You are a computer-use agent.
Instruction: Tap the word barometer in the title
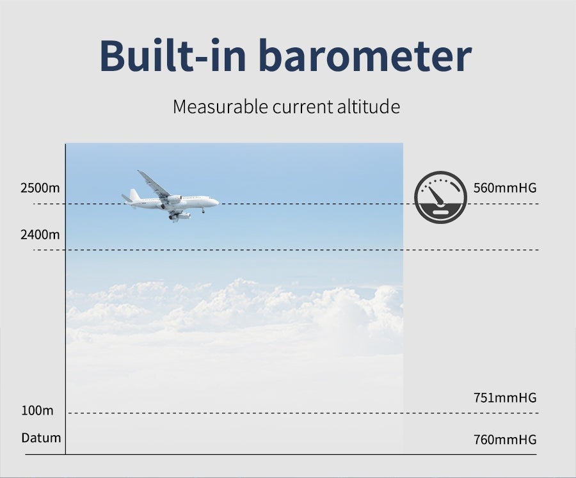pyautogui.click(x=365, y=55)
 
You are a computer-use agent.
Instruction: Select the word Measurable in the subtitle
pyautogui.click(x=220, y=107)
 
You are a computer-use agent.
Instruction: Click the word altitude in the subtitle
pyautogui.click(x=369, y=107)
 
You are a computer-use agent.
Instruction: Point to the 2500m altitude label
pyautogui.click(x=40, y=188)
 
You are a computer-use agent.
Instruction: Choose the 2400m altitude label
pyautogui.click(x=40, y=235)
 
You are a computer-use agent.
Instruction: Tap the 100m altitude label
pyautogui.click(x=38, y=410)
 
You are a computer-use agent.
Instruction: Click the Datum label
pyautogui.click(x=41, y=438)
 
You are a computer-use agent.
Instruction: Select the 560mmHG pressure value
pyautogui.click(x=505, y=188)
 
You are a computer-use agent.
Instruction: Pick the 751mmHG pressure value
pyautogui.click(x=505, y=397)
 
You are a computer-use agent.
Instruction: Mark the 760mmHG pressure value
pyautogui.click(x=505, y=440)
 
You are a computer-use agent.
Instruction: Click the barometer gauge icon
pyautogui.click(x=441, y=197)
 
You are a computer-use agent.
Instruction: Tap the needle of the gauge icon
pyautogui.click(x=436, y=195)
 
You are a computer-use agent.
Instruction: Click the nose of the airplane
pyautogui.click(x=218, y=202)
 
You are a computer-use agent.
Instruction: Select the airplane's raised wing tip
pyautogui.click(x=139, y=171)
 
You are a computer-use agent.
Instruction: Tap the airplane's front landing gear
pyautogui.click(x=203, y=211)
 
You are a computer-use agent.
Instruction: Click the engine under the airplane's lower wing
pyautogui.click(x=183, y=216)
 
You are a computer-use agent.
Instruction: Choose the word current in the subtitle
pyautogui.click(x=302, y=107)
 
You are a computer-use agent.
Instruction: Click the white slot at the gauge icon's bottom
pyautogui.click(x=440, y=212)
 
